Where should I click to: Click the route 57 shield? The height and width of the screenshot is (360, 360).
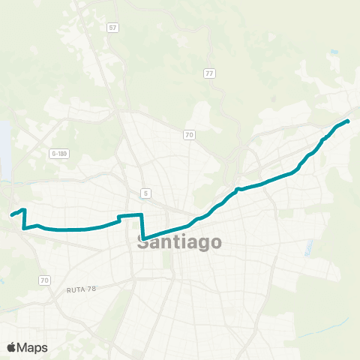tap(113, 28)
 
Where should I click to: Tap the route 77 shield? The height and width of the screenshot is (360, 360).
tap(210, 73)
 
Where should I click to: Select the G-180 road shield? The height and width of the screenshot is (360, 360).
tap(59, 154)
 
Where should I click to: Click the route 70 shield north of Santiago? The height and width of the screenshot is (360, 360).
tap(190, 135)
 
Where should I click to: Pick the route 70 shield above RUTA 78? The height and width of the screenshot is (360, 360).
tap(45, 280)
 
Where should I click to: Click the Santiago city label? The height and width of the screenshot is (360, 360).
tap(179, 243)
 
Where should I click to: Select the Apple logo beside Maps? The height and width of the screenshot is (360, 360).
tap(12, 347)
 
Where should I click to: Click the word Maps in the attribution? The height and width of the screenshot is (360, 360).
tap(33, 347)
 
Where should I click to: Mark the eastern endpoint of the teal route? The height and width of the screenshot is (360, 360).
tap(348, 121)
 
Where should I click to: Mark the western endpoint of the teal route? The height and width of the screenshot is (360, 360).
tap(11, 216)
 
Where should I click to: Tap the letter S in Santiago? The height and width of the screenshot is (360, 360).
tap(143, 243)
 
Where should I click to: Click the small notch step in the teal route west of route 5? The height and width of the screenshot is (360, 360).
tap(119, 219)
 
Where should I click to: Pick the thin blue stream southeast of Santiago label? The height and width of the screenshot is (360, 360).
tap(308, 247)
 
